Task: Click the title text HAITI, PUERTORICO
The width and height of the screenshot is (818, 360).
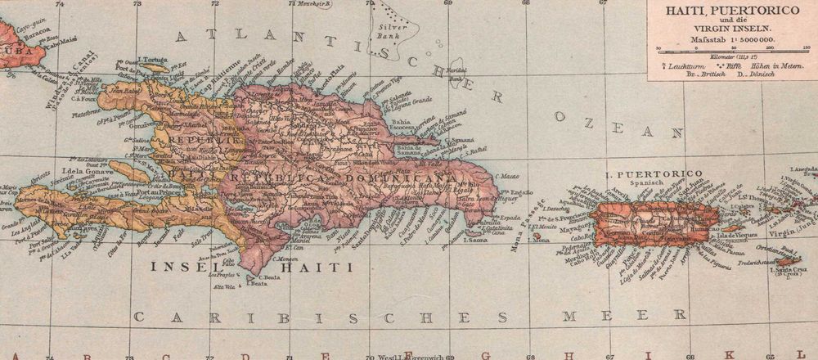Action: coord(732,11)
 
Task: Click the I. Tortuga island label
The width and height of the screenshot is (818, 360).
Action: coord(152,59)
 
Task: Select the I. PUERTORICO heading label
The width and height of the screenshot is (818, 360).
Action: coord(653,174)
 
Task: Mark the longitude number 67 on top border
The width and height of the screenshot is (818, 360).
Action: coord(602,3)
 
